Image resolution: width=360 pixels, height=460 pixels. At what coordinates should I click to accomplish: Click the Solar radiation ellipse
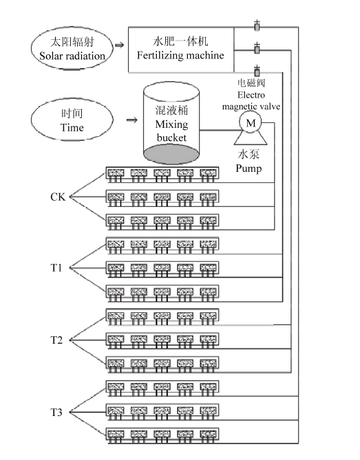32,48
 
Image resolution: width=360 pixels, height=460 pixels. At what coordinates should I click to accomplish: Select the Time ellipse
32,120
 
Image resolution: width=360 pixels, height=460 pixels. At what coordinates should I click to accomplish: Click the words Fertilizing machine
180,55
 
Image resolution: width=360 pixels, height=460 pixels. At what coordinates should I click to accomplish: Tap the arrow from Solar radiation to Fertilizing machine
119,45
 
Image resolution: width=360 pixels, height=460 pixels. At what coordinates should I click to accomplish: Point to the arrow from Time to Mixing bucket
132,120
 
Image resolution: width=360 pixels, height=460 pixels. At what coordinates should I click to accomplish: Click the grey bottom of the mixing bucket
171,155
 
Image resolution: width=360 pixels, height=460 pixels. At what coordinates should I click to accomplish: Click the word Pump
248,168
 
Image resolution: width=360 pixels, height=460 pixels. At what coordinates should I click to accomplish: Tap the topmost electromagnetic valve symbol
257,26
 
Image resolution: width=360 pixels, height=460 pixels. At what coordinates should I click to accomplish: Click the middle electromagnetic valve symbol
257,49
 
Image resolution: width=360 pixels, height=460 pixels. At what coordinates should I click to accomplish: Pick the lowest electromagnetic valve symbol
257,71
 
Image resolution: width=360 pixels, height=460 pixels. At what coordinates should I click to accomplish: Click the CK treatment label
58,197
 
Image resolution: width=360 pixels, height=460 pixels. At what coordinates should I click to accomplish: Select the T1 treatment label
56,267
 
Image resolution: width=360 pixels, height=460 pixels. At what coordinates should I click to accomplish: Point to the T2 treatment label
56,340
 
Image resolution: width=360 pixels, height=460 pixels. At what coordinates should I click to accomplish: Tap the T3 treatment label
56,412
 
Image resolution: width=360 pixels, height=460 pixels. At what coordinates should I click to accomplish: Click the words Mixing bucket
171,131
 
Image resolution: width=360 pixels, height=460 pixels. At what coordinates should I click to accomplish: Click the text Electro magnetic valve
251,100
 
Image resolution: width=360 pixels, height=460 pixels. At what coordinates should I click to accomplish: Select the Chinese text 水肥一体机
180,41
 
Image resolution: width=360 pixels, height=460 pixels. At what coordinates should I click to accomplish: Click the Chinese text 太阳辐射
72,42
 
